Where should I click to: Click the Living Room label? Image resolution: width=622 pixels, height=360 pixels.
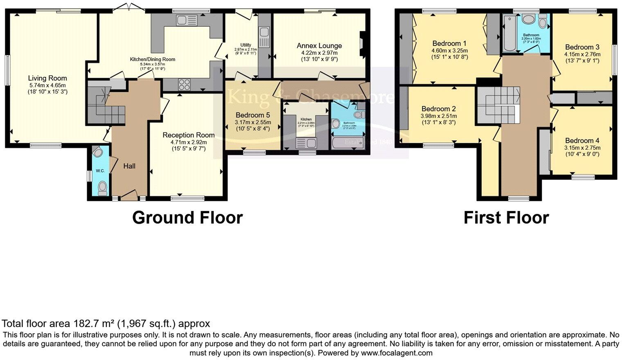[x=47, y=78]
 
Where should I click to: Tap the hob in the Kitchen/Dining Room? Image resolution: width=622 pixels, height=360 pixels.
[x=184, y=84]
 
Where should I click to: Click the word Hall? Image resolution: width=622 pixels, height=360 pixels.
[x=129, y=166]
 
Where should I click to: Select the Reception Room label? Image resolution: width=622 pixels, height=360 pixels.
[x=188, y=135]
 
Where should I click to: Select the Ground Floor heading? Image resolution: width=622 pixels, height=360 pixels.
[x=187, y=217]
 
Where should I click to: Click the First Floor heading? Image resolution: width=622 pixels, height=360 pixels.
[x=506, y=217]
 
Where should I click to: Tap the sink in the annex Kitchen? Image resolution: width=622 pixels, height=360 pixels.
[x=306, y=143]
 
